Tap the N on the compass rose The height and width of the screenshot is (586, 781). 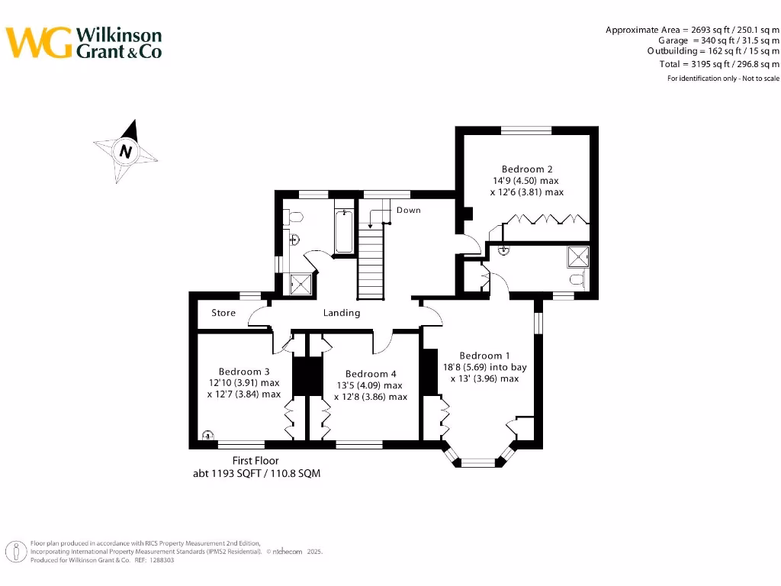click(x=126, y=151)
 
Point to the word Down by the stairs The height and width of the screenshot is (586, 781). click(x=408, y=210)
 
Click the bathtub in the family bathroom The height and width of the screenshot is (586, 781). click(x=344, y=232)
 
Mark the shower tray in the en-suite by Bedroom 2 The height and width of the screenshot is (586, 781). click(x=578, y=257)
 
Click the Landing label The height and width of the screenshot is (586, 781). click(x=342, y=313)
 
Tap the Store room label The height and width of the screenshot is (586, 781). click(x=223, y=313)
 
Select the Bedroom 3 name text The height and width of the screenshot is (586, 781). click(x=244, y=372)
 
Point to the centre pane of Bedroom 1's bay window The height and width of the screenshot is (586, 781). click(x=479, y=462)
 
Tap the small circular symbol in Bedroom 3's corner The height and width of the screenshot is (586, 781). click(x=207, y=436)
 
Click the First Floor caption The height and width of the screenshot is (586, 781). click(x=256, y=461)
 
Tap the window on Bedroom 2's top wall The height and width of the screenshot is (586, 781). click(x=526, y=130)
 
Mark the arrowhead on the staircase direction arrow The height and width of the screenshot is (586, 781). click(x=371, y=226)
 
